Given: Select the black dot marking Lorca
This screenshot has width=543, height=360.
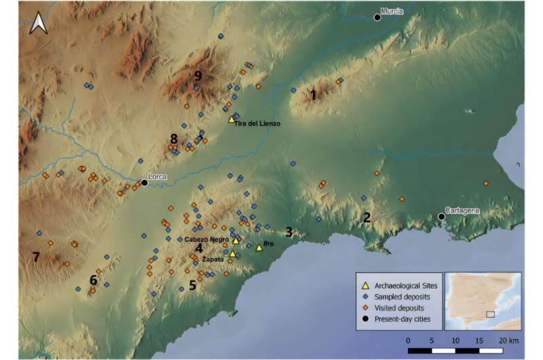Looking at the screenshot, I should click(x=145, y=182).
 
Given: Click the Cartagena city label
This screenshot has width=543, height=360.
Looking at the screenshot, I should click(x=463, y=210).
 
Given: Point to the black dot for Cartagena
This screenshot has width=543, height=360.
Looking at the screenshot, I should click(x=442, y=217).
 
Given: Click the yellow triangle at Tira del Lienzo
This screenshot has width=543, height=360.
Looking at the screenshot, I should click(x=231, y=118).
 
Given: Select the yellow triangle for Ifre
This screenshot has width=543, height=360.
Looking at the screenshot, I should click(x=259, y=248).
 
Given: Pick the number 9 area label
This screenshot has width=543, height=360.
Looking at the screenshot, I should click(x=198, y=75).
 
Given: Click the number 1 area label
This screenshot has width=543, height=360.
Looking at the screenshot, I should click(x=313, y=95).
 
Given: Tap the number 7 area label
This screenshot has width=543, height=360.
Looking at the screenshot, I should click(x=36, y=257).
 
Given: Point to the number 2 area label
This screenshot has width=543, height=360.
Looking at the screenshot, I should click(x=367, y=218).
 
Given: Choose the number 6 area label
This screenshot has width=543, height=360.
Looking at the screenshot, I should click(x=94, y=280).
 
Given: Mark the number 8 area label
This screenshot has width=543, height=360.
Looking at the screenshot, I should click(x=174, y=139).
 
